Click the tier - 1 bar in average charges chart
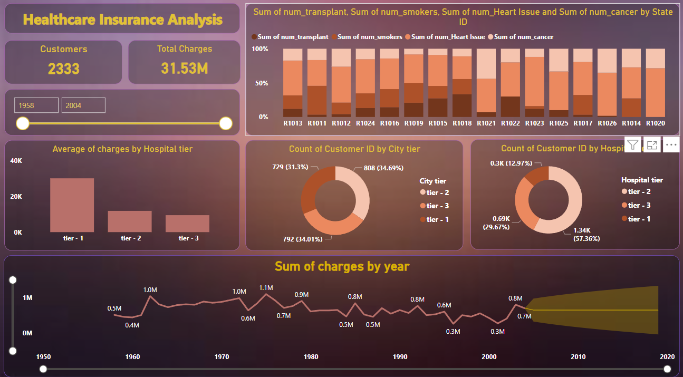72,205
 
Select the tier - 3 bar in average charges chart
187,224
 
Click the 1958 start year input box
36,105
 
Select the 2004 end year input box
83,105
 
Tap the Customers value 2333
63,69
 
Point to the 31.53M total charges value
186,69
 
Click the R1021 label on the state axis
486,123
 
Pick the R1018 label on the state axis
461,123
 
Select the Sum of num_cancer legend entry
524,37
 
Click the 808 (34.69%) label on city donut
383,168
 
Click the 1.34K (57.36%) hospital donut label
586,235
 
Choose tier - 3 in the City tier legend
438,206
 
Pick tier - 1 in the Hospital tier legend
639,219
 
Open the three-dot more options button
671,145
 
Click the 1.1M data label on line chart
266,288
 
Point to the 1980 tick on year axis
311,357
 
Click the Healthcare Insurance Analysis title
123,20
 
